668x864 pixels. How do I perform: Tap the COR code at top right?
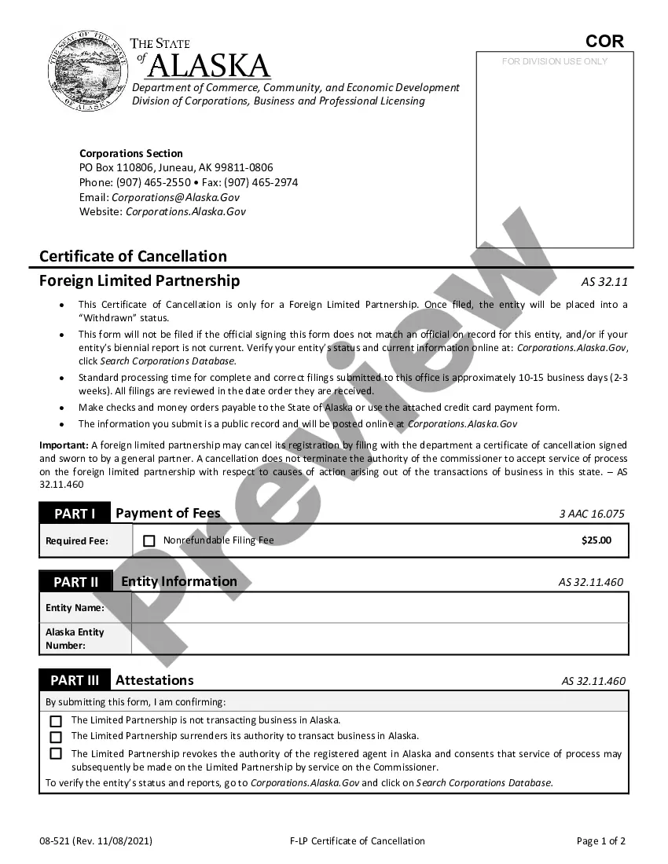(x=604, y=42)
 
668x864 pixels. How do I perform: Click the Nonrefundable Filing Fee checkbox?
(x=149, y=541)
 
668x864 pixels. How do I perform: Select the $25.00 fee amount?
(x=596, y=540)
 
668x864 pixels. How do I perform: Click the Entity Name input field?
(x=380, y=608)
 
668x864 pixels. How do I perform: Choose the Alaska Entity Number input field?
(x=380, y=639)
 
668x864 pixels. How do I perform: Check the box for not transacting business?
(x=56, y=721)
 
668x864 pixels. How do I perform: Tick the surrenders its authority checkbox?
(x=56, y=738)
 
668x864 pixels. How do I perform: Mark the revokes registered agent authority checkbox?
(x=56, y=754)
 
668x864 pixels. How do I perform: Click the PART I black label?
(x=75, y=514)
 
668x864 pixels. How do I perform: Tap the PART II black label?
(x=76, y=582)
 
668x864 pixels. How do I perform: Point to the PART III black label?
(x=75, y=681)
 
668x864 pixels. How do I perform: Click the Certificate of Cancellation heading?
(x=133, y=256)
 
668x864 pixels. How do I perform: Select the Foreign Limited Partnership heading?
(x=140, y=281)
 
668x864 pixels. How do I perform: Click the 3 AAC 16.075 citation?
(x=592, y=514)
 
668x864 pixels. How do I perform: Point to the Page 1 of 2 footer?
(x=601, y=841)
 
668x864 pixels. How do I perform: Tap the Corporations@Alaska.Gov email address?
(x=175, y=197)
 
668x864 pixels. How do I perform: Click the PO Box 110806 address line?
(x=176, y=167)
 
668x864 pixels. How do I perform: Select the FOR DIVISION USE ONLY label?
(x=555, y=61)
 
